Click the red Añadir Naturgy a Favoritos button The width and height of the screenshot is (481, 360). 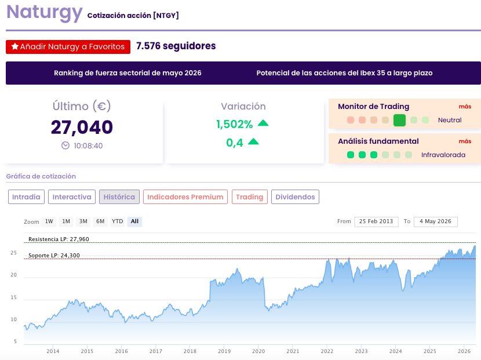pos(68,46)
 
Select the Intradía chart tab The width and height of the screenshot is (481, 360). pos(27,197)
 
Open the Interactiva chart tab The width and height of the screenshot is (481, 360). pos(72,197)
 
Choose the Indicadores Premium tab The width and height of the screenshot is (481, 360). pos(185,197)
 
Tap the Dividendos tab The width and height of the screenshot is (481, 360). pos(295,197)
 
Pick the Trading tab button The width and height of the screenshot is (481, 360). pos(250,197)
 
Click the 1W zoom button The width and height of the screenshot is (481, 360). pos(49,221)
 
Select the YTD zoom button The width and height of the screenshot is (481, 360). pos(117,221)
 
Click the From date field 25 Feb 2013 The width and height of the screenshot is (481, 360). pos(376,221)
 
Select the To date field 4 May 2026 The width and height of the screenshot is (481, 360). pos(436,221)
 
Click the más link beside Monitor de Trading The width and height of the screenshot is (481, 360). pos(465,107)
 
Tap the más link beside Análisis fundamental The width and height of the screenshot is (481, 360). pos(465,141)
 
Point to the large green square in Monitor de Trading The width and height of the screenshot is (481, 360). pos(399,120)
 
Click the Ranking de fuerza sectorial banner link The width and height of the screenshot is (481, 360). pos(127,73)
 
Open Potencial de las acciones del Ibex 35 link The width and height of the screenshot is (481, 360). pos(344,73)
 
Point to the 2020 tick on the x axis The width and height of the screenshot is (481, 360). pos(258,351)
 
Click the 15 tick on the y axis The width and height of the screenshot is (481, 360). pos(13,297)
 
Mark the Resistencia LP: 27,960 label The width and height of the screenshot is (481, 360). pos(59,239)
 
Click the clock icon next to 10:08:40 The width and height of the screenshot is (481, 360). pos(65,146)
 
